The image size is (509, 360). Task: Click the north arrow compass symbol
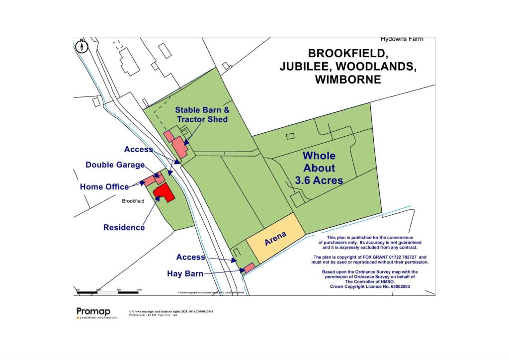click(x=83, y=46)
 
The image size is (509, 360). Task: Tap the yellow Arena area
click(x=275, y=239)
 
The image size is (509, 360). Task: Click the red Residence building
click(x=164, y=192)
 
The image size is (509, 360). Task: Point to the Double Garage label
click(x=115, y=165)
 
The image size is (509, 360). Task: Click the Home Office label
click(x=104, y=187)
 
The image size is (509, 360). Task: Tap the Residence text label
click(x=124, y=227)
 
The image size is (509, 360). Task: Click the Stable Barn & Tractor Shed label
click(x=202, y=114)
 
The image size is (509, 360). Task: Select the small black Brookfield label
click(x=133, y=201)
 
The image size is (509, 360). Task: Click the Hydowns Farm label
click(x=402, y=39)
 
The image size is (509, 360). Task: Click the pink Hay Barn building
click(x=249, y=268)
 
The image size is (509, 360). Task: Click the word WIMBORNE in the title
click(x=348, y=80)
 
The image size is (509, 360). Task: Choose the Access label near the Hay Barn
click(x=190, y=257)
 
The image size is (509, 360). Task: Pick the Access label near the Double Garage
click(x=139, y=149)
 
